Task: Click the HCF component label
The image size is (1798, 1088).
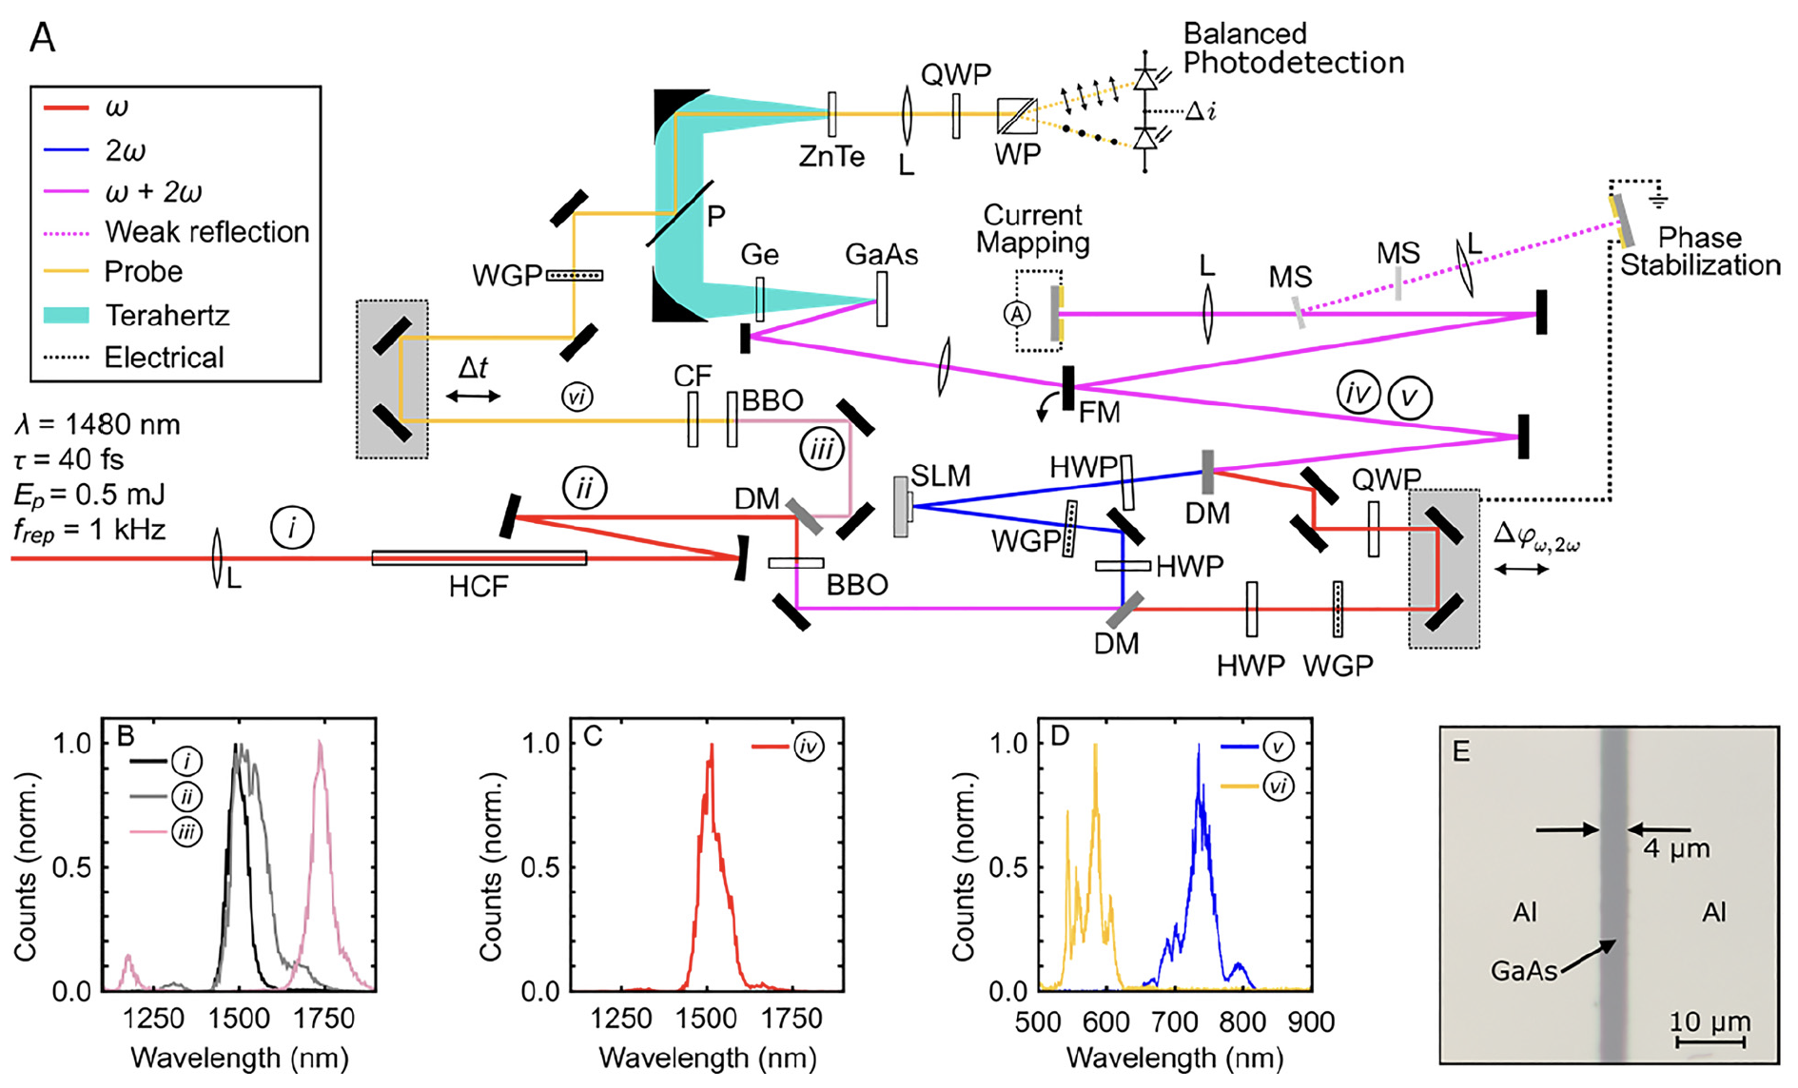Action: click(479, 587)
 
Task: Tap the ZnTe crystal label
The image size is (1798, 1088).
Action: click(831, 156)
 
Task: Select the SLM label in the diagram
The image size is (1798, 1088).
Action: click(940, 476)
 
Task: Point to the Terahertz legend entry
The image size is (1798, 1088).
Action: click(166, 315)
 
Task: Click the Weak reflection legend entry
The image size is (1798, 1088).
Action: click(206, 232)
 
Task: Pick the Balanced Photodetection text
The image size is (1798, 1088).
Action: click(1293, 49)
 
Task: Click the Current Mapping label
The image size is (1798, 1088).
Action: click(1032, 228)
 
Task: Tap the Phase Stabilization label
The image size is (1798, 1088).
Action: click(1700, 251)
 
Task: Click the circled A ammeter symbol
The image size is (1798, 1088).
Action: click(1018, 313)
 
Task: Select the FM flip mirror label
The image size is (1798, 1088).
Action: click(1099, 412)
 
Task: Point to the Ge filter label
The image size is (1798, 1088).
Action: click(759, 255)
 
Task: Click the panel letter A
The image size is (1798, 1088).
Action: click(43, 38)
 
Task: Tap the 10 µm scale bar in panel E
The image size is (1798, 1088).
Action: click(1710, 1042)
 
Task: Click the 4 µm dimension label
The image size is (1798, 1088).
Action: click(1676, 847)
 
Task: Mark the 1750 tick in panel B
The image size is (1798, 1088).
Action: click(324, 1019)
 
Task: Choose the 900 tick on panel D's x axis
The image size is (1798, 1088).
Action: click(1311, 1022)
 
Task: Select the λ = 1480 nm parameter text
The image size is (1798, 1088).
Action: click(97, 424)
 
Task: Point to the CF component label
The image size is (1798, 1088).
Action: click(692, 377)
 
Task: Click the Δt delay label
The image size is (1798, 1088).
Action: click(473, 368)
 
